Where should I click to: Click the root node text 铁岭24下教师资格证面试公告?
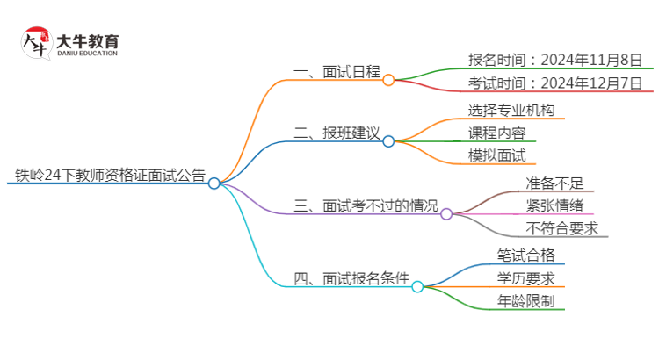click(x=106, y=174)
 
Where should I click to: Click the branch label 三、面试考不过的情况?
click(x=366, y=206)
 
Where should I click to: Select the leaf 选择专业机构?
click(x=511, y=111)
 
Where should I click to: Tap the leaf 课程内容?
click(x=497, y=133)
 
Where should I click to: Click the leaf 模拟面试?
click(x=497, y=156)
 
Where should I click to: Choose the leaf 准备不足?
click(x=554, y=184)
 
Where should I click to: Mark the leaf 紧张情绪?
click(x=554, y=206)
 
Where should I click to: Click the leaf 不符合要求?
click(x=562, y=229)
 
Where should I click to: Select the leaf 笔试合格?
click(x=525, y=256)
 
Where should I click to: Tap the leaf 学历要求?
click(x=525, y=279)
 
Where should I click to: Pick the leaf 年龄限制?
click(x=525, y=302)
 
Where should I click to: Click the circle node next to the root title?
click(x=214, y=183)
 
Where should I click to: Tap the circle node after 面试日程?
click(x=388, y=78)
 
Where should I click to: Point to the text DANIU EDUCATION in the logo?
click(x=87, y=53)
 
